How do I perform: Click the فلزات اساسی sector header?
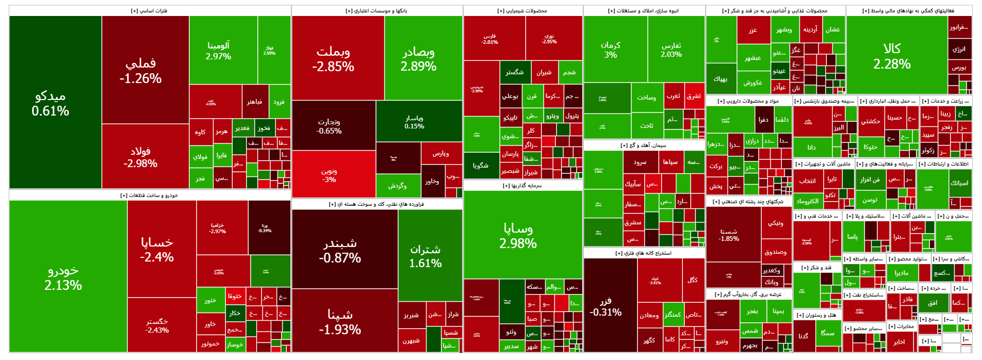click(149, 11)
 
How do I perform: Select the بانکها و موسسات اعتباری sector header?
click(377, 11)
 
